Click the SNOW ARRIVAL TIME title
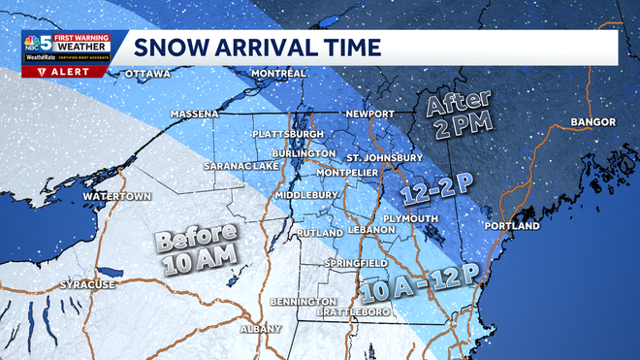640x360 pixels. point(257,48)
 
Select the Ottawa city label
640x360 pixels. point(147,74)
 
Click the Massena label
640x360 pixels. point(194,115)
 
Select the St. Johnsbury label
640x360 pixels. point(384,157)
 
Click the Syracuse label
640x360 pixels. point(88,285)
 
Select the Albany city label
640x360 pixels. point(261,329)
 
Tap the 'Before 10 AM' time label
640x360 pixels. point(199,246)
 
